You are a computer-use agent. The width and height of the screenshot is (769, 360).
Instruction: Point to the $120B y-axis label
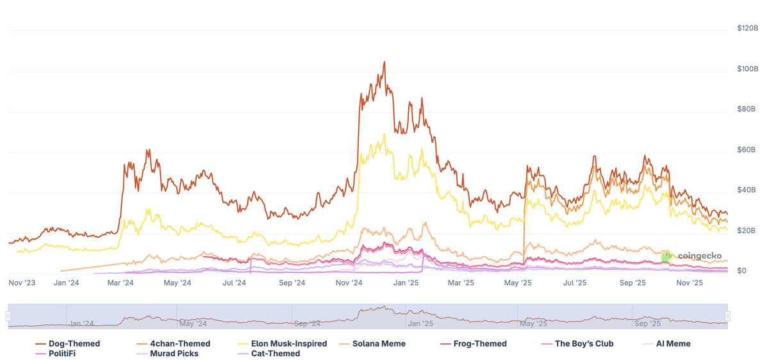[748, 28]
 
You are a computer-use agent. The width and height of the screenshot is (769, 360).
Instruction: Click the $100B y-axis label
[748, 69]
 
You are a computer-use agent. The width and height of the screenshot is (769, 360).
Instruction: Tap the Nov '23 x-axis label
[22, 282]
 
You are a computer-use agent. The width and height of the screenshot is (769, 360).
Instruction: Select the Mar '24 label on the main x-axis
[120, 282]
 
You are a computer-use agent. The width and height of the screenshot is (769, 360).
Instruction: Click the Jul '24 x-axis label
[235, 282]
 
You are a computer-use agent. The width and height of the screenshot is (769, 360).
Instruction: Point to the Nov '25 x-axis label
[690, 282]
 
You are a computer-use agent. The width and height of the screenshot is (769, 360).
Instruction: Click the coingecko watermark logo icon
[666, 256]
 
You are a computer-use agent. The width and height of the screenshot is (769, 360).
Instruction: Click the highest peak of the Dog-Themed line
[384, 62]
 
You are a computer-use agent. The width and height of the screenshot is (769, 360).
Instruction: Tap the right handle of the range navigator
[728, 316]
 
